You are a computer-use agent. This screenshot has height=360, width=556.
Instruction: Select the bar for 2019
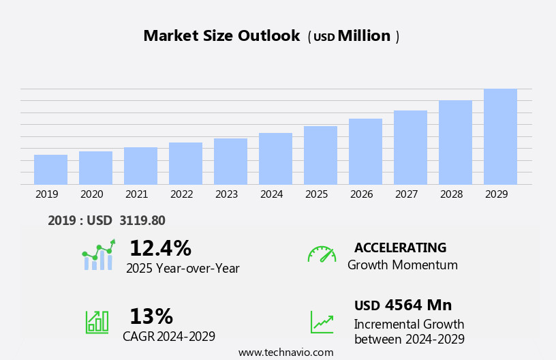[x=50, y=170]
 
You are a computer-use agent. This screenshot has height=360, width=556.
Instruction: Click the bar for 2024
[x=275, y=159]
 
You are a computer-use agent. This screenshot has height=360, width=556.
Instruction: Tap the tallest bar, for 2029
[x=500, y=137]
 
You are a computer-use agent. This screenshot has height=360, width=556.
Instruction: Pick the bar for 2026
[x=365, y=151]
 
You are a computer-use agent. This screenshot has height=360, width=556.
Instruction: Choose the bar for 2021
[x=140, y=166]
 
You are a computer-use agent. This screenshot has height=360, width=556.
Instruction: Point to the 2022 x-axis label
[x=181, y=194]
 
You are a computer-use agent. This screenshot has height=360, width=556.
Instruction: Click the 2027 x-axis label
[x=406, y=194]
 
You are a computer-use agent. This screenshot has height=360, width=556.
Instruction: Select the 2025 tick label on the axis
[x=316, y=194]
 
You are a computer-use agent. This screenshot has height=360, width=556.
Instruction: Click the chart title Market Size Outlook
[x=221, y=36]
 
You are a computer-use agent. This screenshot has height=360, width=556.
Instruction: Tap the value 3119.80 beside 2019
[x=142, y=220]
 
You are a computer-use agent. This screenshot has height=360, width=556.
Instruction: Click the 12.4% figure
[x=160, y=248]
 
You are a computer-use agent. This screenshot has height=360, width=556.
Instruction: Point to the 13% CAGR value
[x=151, y=316]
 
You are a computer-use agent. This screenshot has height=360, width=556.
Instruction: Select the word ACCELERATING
[x=400, y=247]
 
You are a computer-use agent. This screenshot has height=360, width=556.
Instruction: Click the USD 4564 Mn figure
[x=403, y=305]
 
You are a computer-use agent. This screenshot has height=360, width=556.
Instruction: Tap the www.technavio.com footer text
[x=285, y=352]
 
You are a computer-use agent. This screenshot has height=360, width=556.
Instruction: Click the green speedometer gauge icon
[x=322, y=254]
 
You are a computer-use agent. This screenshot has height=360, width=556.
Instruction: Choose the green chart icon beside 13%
[x=97, y=321]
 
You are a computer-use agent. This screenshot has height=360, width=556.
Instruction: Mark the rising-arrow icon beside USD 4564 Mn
[x=322, y=322]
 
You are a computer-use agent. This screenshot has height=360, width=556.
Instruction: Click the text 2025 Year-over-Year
[x=183, y=269]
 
